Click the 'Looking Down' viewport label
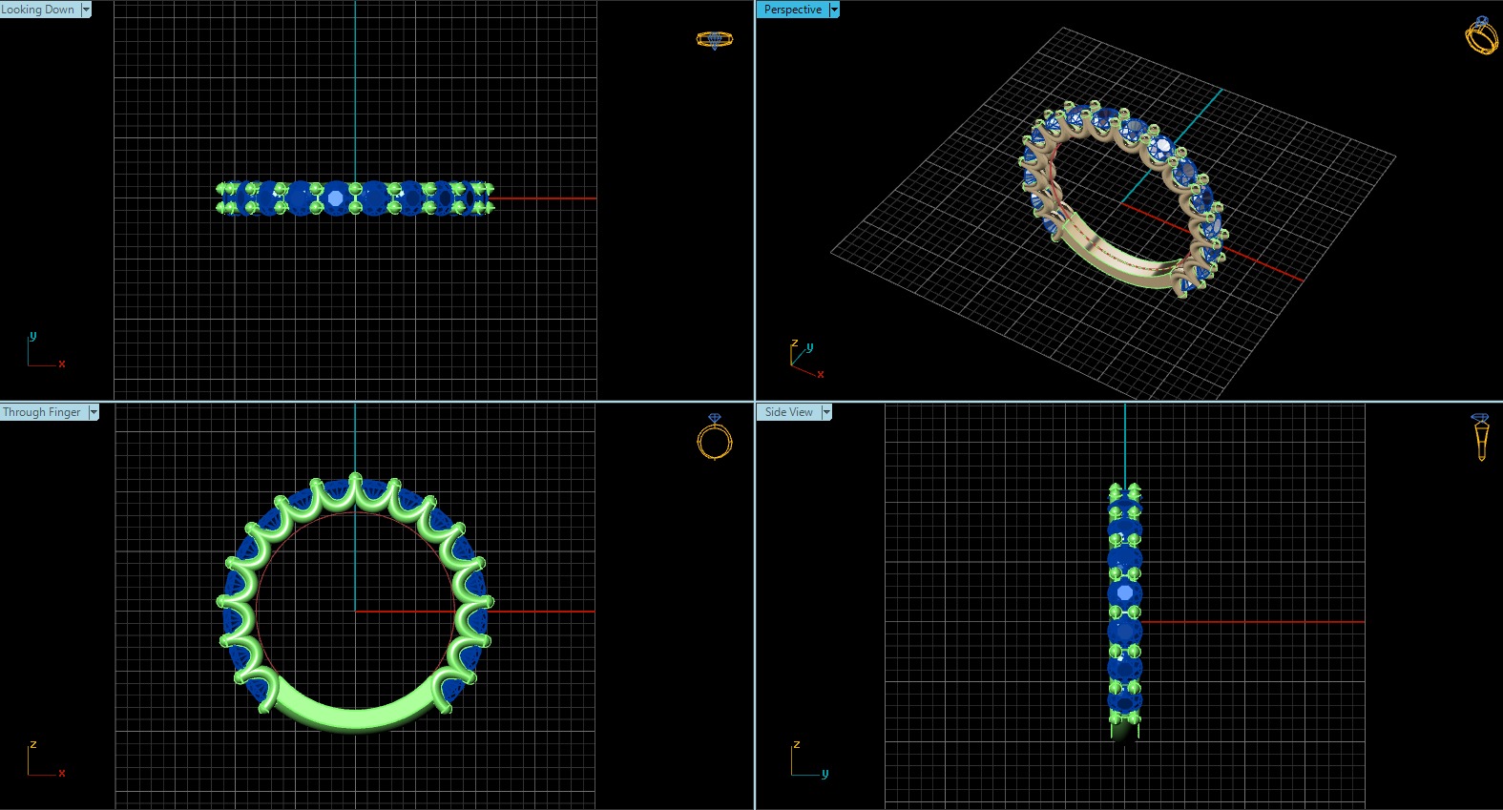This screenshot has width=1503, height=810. click(38, 10)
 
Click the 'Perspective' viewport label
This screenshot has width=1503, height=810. click(792, 10)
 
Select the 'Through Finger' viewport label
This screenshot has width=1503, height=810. click(42, 412)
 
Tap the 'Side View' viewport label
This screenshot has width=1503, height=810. click(788, 412)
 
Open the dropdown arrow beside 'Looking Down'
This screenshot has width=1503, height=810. click(86, 10)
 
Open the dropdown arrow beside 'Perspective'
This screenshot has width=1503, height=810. click(834, 10)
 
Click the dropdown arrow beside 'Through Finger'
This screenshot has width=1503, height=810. click(94, 412)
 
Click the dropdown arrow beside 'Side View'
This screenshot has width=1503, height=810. click(826, 412)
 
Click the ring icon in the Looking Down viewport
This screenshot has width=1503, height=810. click(714, 40)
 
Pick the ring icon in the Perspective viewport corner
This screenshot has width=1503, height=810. click(1481, 35)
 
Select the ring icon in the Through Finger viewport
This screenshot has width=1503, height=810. click(714, 438)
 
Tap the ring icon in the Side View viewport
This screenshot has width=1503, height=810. click(1480, 436)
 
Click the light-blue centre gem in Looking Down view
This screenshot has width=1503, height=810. click(335, 198)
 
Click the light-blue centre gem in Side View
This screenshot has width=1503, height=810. click(1125, 593)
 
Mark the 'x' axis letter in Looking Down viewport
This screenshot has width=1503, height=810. click(62, 363)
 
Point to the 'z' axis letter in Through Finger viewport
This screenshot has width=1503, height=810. click(33, 744)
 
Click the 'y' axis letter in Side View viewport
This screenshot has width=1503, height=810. click(825, 774)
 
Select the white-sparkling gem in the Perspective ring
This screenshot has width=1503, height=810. click(1161, 147)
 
